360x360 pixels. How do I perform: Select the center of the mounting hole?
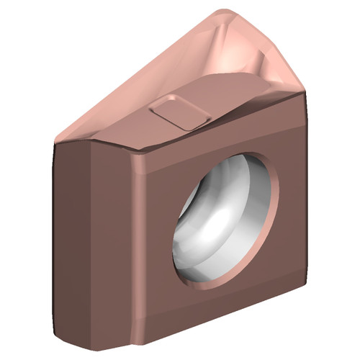pyautogui.click(x=225, y=222)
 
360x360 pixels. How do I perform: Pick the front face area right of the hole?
pyautogui.click(x=292, y=216)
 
